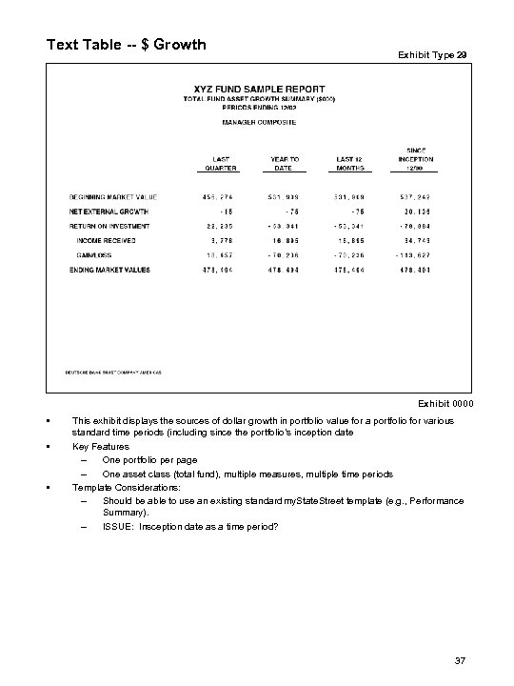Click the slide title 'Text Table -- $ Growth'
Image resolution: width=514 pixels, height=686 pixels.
[x=127, y=44]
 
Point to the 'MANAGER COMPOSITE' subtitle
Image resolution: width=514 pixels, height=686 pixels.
[x=259, y=122]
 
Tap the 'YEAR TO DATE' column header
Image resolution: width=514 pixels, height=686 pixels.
[x=285, y=163]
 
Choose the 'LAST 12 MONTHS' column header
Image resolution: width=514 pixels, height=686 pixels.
[x=351, y=163]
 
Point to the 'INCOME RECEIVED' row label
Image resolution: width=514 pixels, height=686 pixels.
[x=108, y=242]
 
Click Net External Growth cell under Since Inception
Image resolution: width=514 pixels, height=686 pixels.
[x=418, y=212]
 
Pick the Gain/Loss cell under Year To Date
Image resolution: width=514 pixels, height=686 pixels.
[x=285, y=257]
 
